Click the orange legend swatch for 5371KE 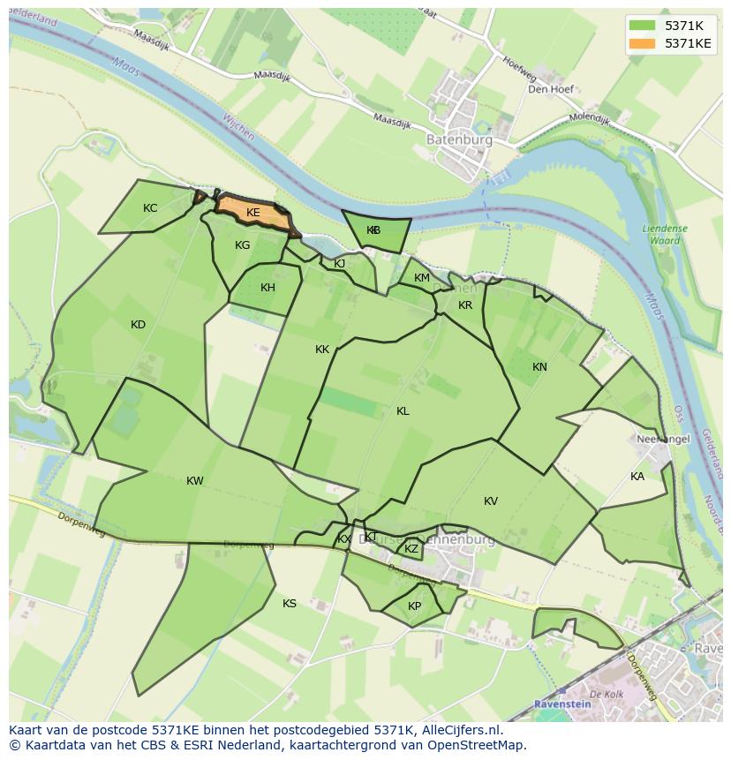tap(644, 43)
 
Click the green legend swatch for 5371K tap(644, 26)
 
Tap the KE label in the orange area tap(253, 213)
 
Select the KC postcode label tap(150, 208)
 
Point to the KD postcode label tap(138, 325)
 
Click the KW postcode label tap(195, 481)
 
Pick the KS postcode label tap(290, 604)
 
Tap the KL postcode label tap(403, 411)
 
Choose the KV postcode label tap(491, 501)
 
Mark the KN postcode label tap(539, 367)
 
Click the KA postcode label tap(637, 477)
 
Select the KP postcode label tap(414, 606)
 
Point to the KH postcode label tap(268, 288)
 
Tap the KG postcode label tap(243, 245)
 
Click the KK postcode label tap(322, 350)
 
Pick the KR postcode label tap(465, 305)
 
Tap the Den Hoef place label tap(551, 89)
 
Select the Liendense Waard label tap(665, 234)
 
